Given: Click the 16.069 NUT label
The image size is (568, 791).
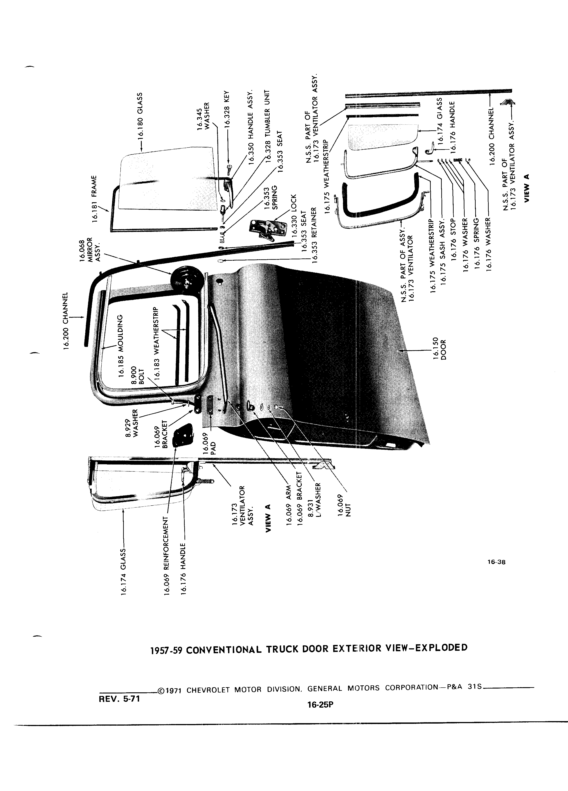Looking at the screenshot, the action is point(344,504).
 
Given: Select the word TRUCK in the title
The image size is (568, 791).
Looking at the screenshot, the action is point(282,649).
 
